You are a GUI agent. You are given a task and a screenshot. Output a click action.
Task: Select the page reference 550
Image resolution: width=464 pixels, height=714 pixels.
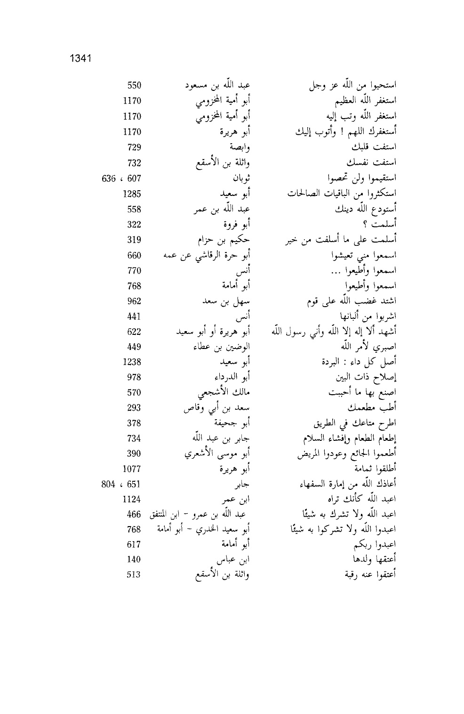(x=134, y=86)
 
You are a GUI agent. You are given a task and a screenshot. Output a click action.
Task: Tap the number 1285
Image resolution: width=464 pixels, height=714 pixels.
(x=132, y=194)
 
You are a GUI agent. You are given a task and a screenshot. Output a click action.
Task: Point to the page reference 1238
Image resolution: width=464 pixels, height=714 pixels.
(x=132, y=362)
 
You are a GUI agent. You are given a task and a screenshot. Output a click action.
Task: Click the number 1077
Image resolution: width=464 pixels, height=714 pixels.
(x=132, y=469)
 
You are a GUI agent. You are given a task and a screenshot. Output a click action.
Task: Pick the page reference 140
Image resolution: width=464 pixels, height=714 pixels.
(x=134, y=560)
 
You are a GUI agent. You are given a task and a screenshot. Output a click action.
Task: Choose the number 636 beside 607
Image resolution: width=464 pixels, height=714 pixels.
(x=109, y=178)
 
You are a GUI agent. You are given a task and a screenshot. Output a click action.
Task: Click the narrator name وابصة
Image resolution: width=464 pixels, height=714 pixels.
(x=237, y=147)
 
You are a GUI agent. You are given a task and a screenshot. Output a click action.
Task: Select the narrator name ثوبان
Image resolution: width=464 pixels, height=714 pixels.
(x=240, y=178)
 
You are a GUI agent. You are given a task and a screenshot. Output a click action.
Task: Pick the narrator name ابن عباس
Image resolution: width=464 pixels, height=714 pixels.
(x=232, y=560)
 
